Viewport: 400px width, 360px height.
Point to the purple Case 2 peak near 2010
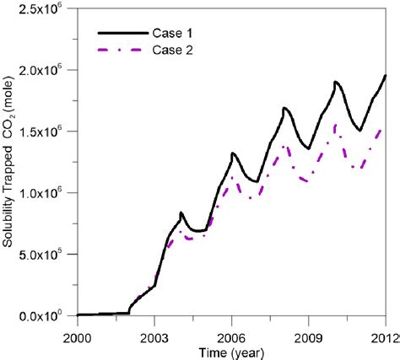tap(337, 125)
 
